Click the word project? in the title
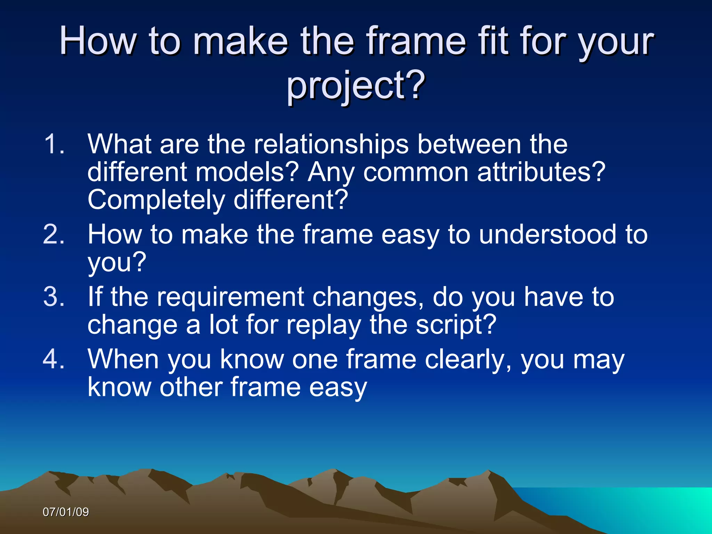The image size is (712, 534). point(356,85)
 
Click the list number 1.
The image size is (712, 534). point(54,144)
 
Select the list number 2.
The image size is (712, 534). point(54,234)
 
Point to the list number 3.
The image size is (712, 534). point(54,297)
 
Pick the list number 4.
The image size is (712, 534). point(54,359)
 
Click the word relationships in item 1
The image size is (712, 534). point(331,144)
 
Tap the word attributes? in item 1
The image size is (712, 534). point(541,172)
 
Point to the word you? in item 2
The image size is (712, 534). point(117,263)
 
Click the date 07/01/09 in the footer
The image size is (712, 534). point(66,512)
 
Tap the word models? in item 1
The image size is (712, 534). point(247,172)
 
